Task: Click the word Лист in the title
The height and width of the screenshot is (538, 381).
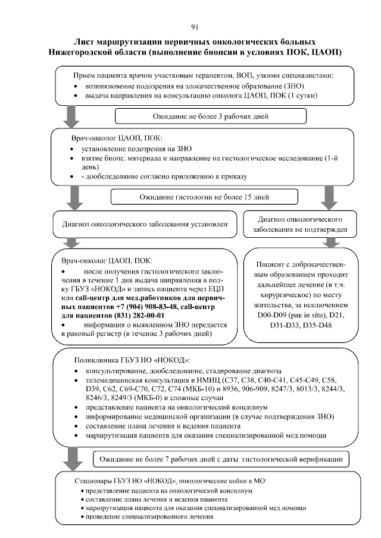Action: point(85,43)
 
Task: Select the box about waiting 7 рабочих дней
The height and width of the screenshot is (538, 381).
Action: point(220,460)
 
